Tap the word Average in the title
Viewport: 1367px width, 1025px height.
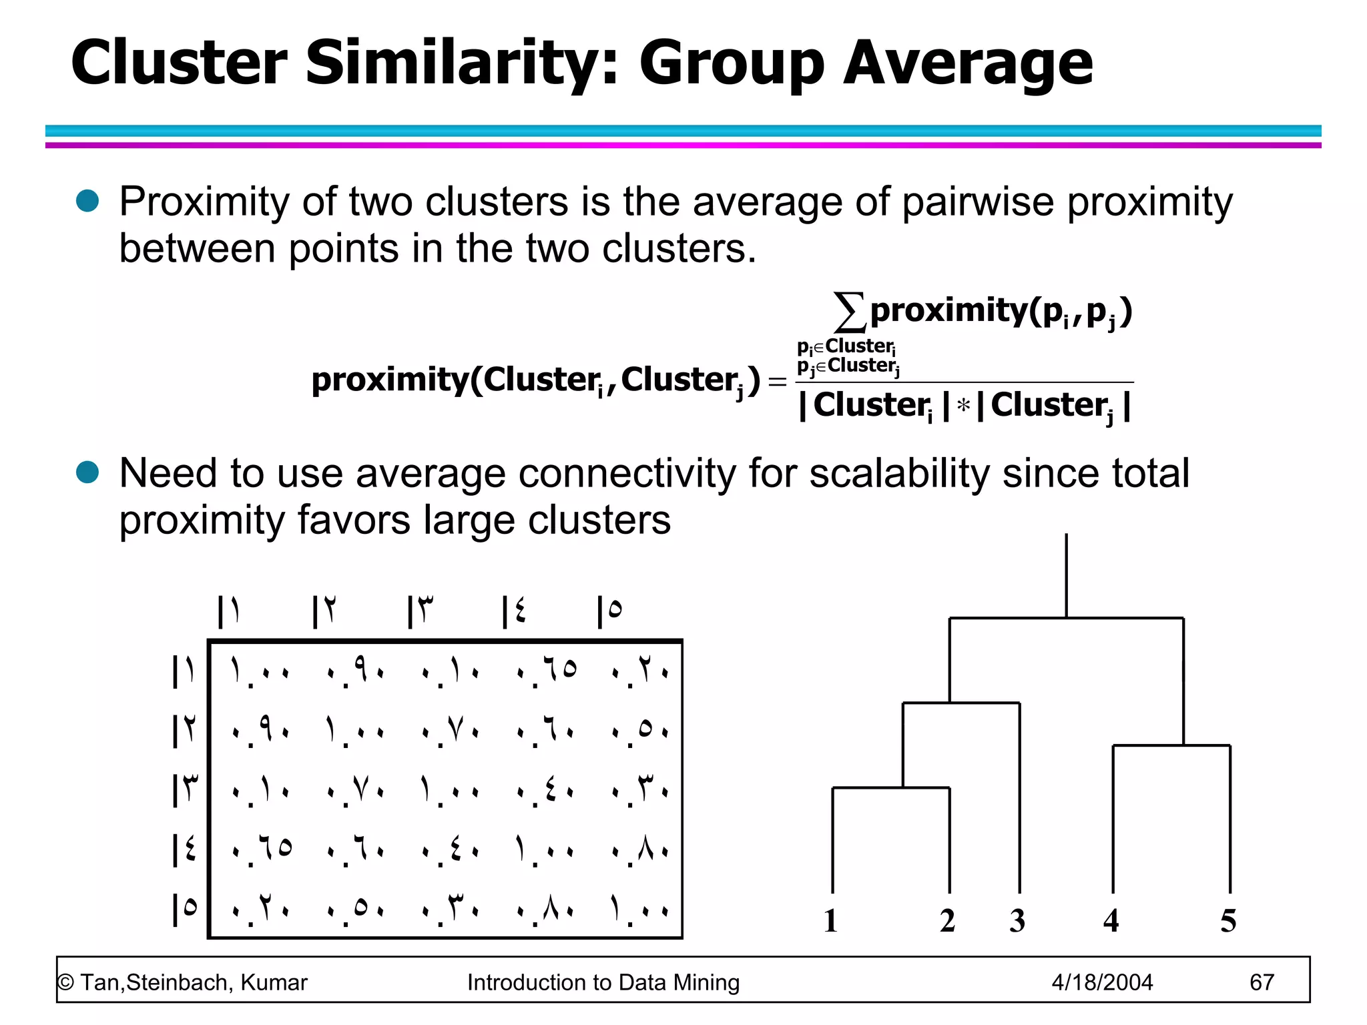pyautogui.click(x=967, y=63)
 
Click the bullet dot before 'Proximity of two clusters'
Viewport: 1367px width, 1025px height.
pyautogui.click(x=87, y=201)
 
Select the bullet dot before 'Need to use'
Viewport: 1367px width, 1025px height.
pyautogui.click(x=87, y=472)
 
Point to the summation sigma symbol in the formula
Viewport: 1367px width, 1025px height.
pyautogui.click(x=850, y=312)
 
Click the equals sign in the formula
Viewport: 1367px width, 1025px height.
pyautogui.click(x=777, y=381)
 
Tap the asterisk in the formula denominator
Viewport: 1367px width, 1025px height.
pyautogui.click(x=963, y=406)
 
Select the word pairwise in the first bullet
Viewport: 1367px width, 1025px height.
pyautogui.click(x=979, y=202)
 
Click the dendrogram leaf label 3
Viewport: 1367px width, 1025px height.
pyautogui.click(x=1017, y=921)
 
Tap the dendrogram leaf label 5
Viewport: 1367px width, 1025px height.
pyautogui.click(x=1228, y=921)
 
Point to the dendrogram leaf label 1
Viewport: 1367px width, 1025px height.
pyautogui.click(x=830, y=921)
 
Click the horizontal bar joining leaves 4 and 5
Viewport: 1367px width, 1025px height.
pyautogui.click(x=1171, y=745)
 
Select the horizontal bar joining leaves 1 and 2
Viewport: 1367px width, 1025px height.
pyautogui.click(x=891, y=788)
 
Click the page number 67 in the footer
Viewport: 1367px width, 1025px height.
pyautogui.click(x=1262, y=982)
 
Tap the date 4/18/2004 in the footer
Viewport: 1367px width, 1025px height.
pyautogui.click(x=1102, y=982)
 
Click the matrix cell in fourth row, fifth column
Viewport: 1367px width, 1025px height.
pyautogui.click(x=640, y=849)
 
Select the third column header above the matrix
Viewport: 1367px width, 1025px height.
pyautogui.click(x=421, y=611)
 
